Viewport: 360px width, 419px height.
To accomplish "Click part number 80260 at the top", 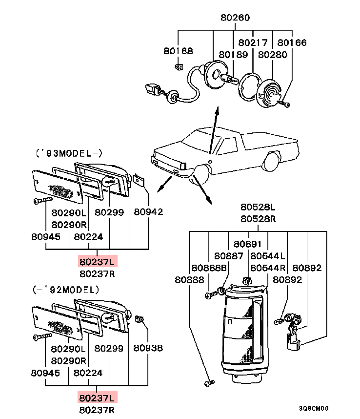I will (235, 18).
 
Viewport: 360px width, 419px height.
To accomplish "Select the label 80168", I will (178, 50).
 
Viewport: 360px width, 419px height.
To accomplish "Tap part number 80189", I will (233, 55).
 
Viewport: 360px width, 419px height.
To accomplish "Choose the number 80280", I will (273, 55).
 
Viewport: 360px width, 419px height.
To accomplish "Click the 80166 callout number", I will (292, 43).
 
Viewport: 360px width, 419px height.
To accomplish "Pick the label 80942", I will (148, 212).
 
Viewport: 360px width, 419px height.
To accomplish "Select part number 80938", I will (148, 348).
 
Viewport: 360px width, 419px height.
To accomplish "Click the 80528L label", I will (258, 207).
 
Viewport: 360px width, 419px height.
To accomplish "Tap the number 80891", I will (247, 244).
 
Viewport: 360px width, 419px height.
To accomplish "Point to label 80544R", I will (268, 268).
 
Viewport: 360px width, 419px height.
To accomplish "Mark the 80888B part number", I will (209, 268).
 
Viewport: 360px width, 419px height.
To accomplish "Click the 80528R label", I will (258, 219).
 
